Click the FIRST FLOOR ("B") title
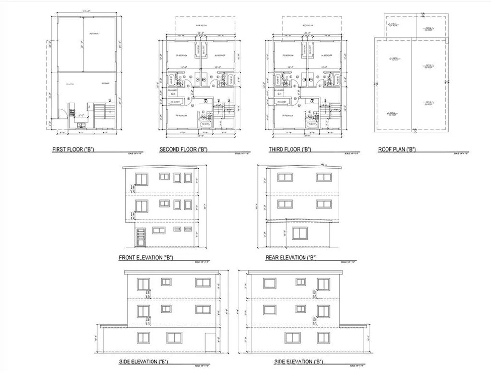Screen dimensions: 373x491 (72, 150)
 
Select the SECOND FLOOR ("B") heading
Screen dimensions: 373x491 (183, 150)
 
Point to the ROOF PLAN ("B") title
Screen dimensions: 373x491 (397, 150)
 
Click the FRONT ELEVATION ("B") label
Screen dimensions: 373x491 (145, 258)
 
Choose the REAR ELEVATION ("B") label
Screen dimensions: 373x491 (291, 258)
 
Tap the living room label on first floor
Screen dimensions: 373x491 (70, 84)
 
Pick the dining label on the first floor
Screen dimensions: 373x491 (105, 84)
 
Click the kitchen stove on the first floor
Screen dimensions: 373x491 (73, 114)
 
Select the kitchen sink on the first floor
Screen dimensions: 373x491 (80, 125)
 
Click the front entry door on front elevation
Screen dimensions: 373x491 (140, 238)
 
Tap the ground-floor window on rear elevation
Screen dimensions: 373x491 (300, 233)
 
